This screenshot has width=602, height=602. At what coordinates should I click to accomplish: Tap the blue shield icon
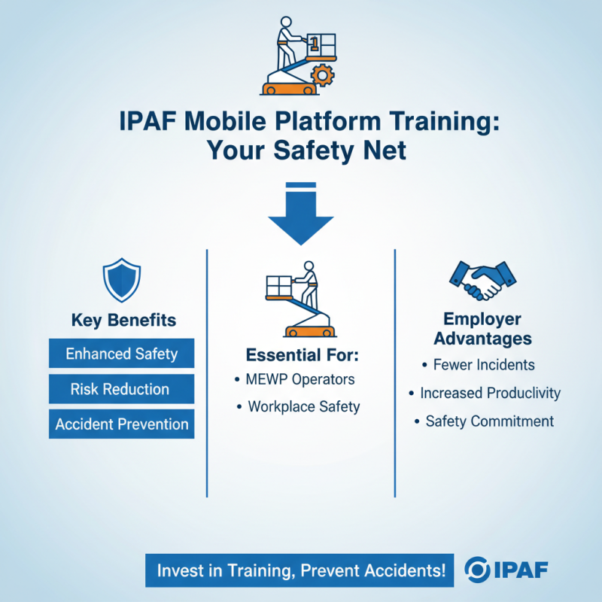pyautogui.click(x=121, y=279)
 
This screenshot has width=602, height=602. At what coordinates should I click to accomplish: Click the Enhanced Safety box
pyautogui.click(x=121, y=353)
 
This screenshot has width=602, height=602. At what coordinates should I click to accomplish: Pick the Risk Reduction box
pyautogui.click(x=121, y=388)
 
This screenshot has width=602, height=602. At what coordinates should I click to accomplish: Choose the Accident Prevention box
pyautogui.click(x=121, y=424)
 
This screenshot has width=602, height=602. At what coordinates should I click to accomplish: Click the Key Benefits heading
pyautogui.click(x=123, y=320)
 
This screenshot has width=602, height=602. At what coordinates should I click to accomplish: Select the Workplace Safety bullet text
pyautogui.click(x=304, y=406)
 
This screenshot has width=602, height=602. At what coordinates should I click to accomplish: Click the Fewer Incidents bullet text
pyautogui.click(x=484, y=365)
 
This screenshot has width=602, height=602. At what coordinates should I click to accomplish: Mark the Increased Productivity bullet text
pyautogui.click(x=490, y=393)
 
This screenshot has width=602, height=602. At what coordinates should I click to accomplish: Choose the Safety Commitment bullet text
pyautogui.click(x=489, y=421)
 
